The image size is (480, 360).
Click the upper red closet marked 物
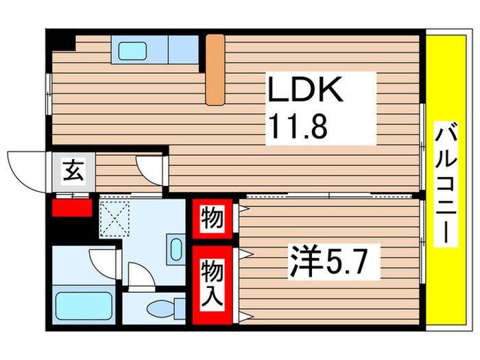tap(211, 219)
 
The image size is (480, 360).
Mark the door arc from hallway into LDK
tap(149, 167)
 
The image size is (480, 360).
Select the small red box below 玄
tap(71, 206)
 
